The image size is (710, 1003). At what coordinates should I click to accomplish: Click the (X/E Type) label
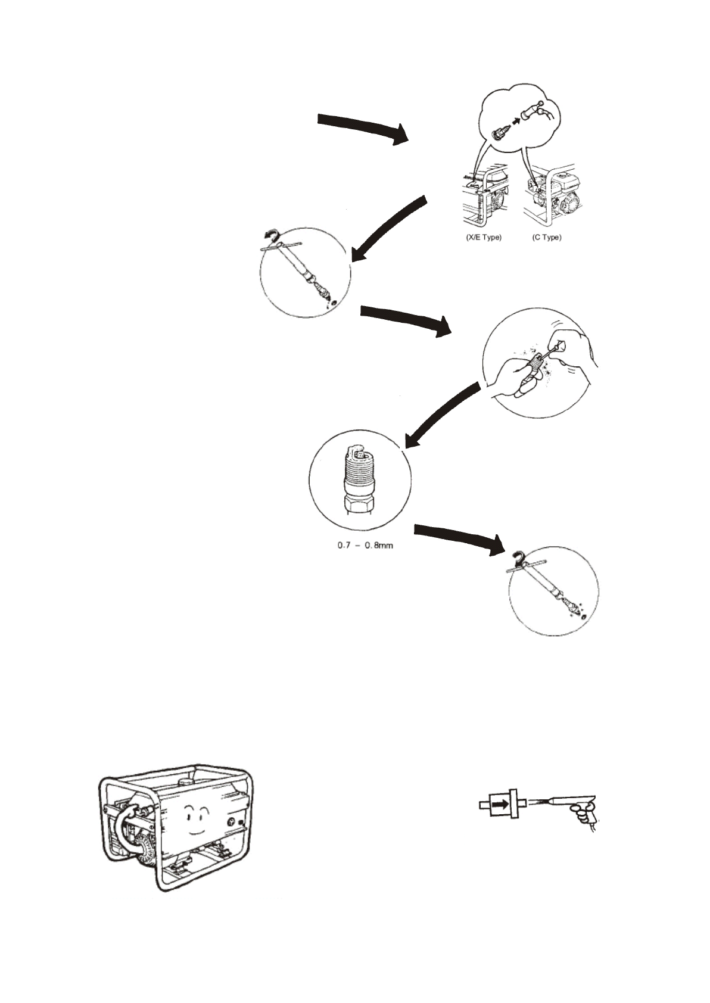(483, 237)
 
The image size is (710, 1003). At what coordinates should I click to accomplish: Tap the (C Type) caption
(546, 237)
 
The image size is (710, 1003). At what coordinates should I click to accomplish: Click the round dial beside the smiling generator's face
(231, 821)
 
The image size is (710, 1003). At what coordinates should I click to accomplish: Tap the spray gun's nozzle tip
(539, 805)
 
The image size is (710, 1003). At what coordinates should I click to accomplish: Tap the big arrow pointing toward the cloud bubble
(363, 127)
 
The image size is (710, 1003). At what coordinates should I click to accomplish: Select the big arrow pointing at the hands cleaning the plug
(407, 320)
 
